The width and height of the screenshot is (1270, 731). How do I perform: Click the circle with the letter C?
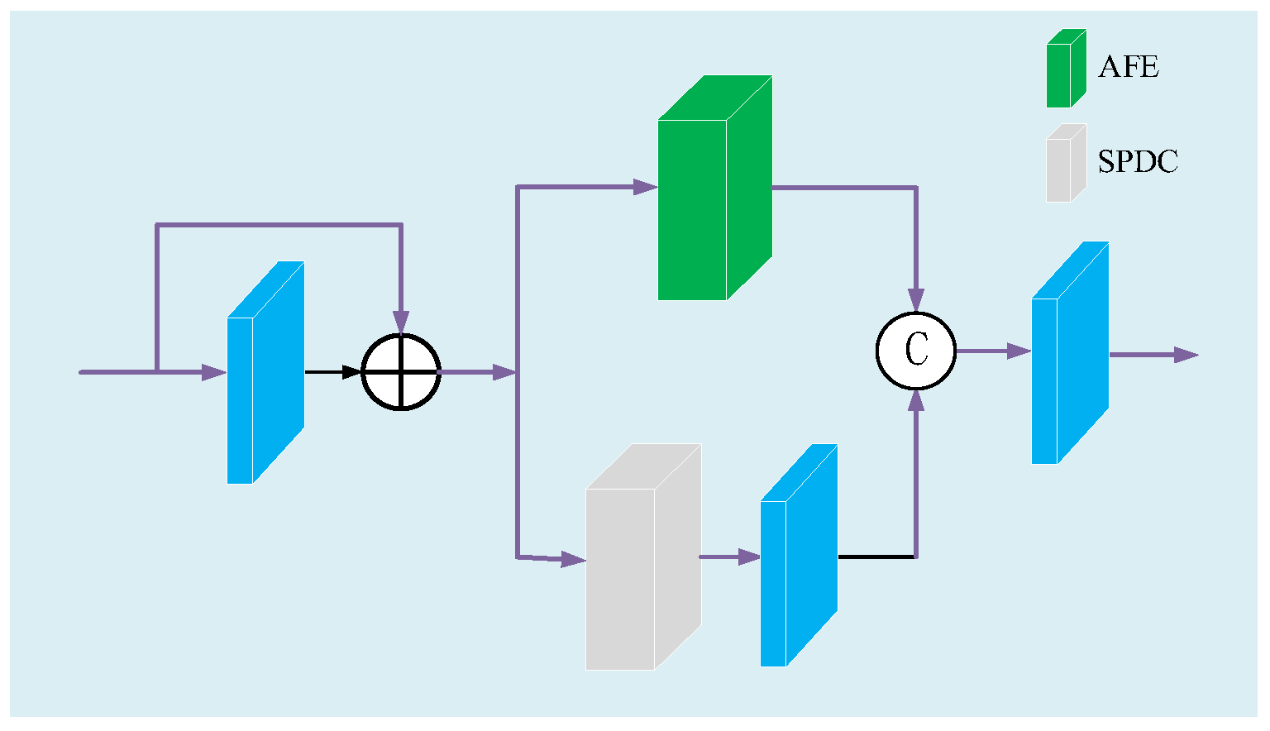point(915,351)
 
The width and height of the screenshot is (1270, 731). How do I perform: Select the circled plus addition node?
point(401,372)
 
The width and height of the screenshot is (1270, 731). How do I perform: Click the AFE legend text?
point(1128,67)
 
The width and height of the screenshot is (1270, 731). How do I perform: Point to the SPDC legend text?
point(1138,162)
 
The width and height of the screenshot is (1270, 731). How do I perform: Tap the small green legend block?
point(1065,70)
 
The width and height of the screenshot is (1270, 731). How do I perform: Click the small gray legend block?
point(1065,165)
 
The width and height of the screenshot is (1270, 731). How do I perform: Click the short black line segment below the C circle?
point(876,557)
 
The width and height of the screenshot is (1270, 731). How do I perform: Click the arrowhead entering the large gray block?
point(574,559)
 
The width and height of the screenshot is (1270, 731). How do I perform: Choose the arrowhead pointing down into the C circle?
point(915,299)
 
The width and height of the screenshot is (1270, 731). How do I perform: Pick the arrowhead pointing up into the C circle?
point(915,401)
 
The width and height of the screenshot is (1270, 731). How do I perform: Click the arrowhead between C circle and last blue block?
point(1019,351)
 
